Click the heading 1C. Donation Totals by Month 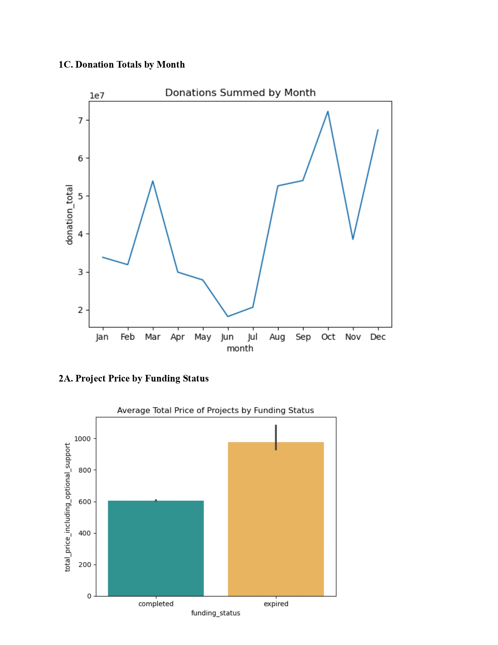pos(121,64)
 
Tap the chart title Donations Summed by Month pos(240,93)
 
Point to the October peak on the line pos(328,112)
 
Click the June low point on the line pos(228,316)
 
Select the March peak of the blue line pos(153,181)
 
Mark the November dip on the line pos(353,238)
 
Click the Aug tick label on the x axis pos(277,337)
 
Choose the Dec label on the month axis pos(378,337)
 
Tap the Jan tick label pos(102,337)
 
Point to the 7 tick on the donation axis pos(80,120)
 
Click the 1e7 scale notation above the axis pos(97,96)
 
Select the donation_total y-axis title pos(70,215)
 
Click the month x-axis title pos(240,348)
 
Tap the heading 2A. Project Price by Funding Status pos(134,378)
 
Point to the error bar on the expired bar pos(276,437)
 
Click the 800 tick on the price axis pos(85,470)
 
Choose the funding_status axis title pos(216,613)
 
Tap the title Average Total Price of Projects pos(216,410)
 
